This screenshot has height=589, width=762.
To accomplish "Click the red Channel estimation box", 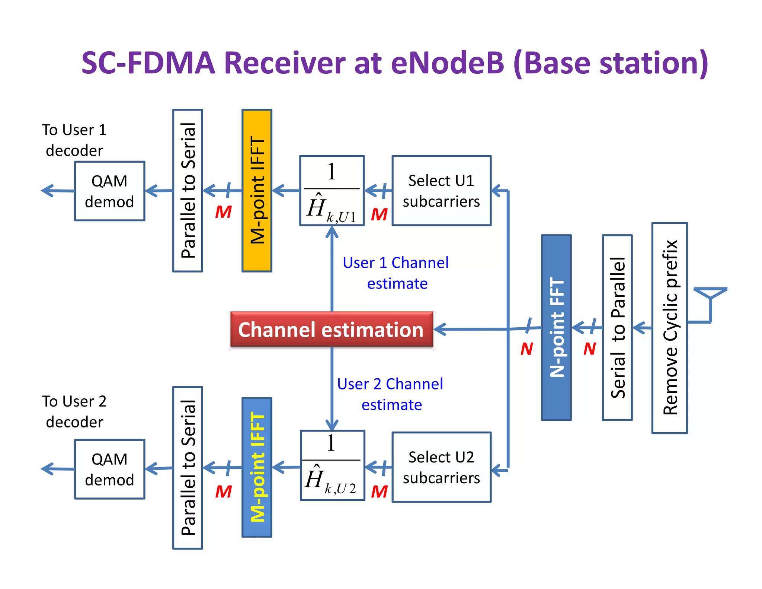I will tap(331, 329).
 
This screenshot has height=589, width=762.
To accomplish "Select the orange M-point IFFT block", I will tap(257, 190).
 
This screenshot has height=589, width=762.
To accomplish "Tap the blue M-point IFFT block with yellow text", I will tap(257, 467).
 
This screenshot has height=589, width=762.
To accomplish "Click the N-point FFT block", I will tap(556, 327).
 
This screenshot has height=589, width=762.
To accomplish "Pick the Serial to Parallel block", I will tap(617, 327).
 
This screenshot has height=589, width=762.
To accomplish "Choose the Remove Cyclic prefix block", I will tap(669, 328).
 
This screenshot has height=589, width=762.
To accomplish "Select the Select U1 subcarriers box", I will tap(441, 191).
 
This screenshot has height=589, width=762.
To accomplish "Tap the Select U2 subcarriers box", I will tap(441, 467).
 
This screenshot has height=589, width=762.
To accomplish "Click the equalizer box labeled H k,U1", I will tap(332, 191).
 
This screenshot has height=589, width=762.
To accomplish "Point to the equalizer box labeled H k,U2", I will tap(332, 465).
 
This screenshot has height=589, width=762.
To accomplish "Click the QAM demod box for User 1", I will tap(109, 191).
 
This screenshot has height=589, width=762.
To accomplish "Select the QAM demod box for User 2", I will tap(109, 469).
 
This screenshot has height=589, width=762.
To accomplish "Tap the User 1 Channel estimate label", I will tap(396, 273).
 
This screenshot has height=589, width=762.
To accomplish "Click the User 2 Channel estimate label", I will tap(390, 394).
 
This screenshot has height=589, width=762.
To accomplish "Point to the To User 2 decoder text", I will tap(74, 411).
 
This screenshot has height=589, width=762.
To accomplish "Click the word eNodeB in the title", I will tap(447, 63).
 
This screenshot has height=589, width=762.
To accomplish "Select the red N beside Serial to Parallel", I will tap(589, 349).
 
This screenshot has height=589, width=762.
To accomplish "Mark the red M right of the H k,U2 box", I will tap(379, 491).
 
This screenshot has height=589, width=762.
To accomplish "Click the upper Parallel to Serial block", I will tap(188, 190).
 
